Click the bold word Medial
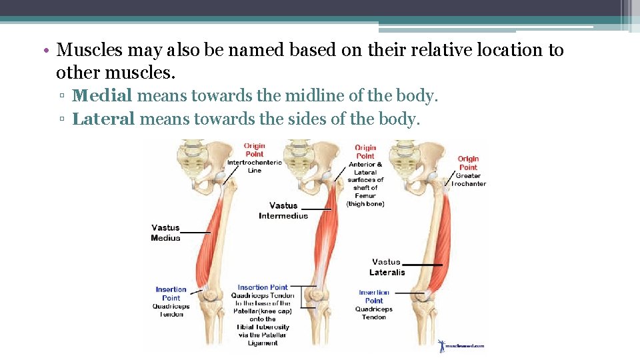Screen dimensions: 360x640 [x=102, y=96]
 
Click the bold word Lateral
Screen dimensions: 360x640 [x=103, y=119]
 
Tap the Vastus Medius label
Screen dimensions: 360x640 [x=165, y=233]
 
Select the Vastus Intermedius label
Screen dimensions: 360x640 [x=283, y=211]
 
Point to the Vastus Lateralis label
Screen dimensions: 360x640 [x=387, y=267]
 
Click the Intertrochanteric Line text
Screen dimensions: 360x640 [x=255, y=166]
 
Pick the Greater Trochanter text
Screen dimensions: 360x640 [x=469, y=180]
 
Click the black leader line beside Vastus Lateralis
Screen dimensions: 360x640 [x=423, y=265]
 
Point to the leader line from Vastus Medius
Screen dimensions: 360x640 [x=195, y=232]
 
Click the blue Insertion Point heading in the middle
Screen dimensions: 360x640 [x=263, y=287]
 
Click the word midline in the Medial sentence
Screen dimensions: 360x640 [x=311, y=96]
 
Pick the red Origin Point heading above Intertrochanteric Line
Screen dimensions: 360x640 [x=254, y=150]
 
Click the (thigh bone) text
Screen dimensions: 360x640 [x=365, y=203]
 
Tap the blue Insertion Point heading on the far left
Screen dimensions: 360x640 [x=171, y=293]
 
